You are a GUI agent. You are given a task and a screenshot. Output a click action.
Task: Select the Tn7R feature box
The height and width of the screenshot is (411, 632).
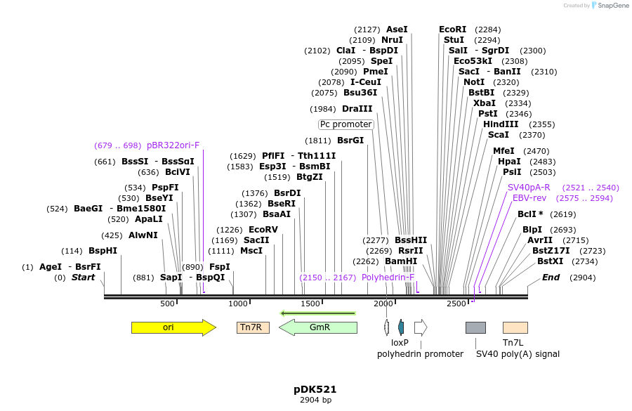tap(253, 327)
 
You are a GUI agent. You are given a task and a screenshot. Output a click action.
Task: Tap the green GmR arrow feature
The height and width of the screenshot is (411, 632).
tap(319, 327)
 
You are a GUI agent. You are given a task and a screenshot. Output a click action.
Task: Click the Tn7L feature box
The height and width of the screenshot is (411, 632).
tap(515, 327)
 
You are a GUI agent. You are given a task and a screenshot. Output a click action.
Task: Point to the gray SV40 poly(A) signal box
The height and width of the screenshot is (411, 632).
tap(475, 327)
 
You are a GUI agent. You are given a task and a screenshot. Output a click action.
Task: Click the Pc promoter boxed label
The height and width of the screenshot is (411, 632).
tap(345, 124)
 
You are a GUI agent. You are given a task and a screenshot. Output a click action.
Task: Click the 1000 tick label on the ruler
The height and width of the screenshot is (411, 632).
tap(239, 304)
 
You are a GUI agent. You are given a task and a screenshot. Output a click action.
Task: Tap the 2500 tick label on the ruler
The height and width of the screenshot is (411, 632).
tap(456, 304)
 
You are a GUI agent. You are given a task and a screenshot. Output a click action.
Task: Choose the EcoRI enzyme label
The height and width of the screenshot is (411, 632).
tap(452, 30)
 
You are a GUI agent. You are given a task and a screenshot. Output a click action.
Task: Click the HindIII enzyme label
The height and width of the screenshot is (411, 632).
tap(501, 124)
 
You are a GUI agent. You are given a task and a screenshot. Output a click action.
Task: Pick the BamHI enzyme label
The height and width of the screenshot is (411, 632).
tap(401, 261)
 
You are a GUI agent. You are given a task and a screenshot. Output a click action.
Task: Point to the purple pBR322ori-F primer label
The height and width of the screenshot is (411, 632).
tap(173, 145)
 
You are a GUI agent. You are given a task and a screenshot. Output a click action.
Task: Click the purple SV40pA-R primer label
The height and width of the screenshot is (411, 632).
tap(529, 188)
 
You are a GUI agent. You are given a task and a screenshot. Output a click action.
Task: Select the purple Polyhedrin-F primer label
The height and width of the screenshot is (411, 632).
tap(388, 278)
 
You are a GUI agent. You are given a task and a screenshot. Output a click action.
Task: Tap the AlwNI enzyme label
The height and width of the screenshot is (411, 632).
tap(143, 235)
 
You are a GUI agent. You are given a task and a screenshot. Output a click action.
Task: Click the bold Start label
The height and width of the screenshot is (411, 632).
tap(83, 278)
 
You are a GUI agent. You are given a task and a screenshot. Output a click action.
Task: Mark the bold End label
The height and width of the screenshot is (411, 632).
tap(551, 278)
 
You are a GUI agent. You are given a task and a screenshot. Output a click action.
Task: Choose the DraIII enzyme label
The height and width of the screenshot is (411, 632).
tap(357, 109)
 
